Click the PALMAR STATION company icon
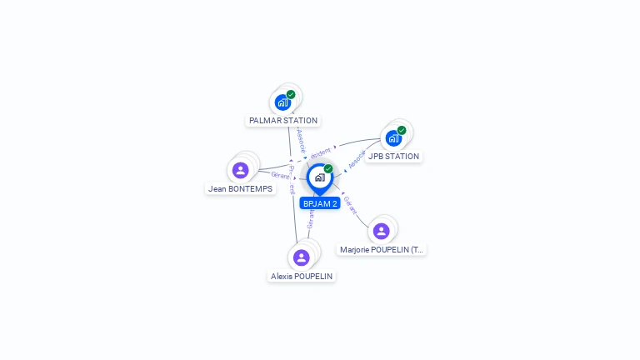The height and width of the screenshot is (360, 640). [282, 102]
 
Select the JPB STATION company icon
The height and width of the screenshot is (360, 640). [393, 138]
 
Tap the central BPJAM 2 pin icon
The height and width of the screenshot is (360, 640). [319, 177]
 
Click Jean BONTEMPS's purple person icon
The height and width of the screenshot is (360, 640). [241, 170]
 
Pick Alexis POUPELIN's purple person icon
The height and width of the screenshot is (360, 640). [302, 257]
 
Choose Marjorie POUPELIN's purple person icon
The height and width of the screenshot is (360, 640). [381, 231]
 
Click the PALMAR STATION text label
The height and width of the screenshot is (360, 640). [283, 121]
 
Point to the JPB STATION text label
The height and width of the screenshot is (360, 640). [393, 157]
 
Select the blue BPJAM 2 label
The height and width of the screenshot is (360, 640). [320, 203]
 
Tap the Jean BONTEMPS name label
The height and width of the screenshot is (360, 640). [240, 188]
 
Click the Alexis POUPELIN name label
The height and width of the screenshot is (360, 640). [302, 276]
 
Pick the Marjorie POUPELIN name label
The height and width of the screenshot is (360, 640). [382, 249]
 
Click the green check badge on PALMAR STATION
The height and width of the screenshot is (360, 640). [291, 95]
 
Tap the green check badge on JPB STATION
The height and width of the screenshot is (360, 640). [402, 130]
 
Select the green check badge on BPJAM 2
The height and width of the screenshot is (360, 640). [328, 169]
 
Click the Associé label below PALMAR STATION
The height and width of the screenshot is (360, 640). [302, 139]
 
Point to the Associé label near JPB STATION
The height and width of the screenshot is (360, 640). [357, 160]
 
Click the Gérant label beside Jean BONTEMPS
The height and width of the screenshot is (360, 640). [280, 176]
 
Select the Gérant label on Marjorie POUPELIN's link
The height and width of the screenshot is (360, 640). [350, 206]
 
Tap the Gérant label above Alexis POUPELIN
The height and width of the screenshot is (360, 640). [310, 219]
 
